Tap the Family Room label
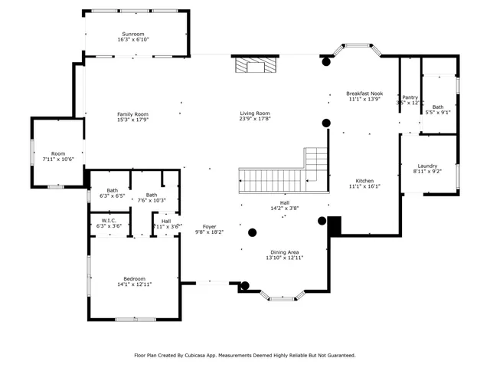click(132, 113)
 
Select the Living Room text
click(254, 113)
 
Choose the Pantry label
click(410, 97)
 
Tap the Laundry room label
click(427, 166)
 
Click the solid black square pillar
click(333, 225)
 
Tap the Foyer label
click(210, 226)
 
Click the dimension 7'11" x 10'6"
click(58, 159)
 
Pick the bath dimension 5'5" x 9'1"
click(438, 113)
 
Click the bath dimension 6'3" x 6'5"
click(113, 196)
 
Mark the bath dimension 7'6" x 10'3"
click(152, 200)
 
